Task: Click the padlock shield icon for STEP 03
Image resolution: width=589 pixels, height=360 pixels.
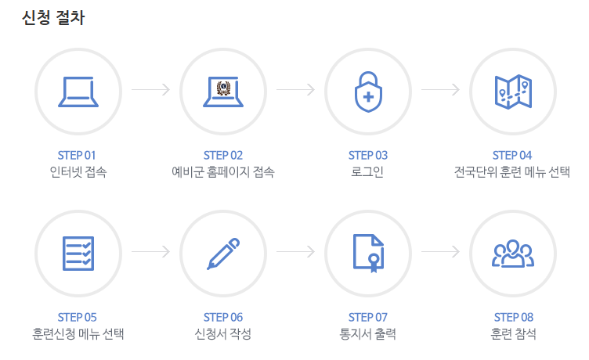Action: [x=368, y=91]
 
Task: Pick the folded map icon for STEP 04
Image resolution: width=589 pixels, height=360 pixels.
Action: [x=513, y=91]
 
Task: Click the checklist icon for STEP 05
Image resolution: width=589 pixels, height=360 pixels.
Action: [x=78, y=253]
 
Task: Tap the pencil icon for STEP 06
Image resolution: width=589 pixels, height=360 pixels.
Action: [x=223, y=253]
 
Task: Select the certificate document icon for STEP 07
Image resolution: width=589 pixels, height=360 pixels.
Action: [x=368, y=253]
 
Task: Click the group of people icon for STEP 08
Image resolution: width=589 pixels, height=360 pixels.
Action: [x=513, y=253]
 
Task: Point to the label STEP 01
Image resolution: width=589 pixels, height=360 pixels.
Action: [x=78, y=155]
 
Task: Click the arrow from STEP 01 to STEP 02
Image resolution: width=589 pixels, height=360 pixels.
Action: [x=150, y=90]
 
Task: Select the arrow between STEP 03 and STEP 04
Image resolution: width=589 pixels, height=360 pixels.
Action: [x=440, y=90]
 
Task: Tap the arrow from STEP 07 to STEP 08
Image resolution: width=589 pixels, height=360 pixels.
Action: [x=440, y=252]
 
